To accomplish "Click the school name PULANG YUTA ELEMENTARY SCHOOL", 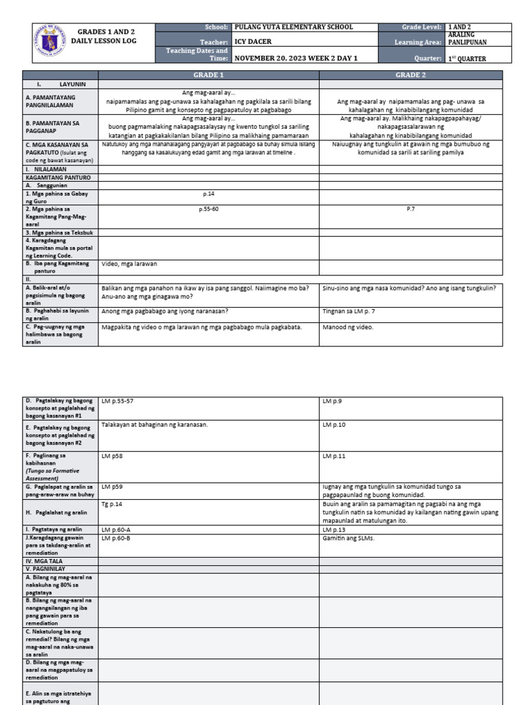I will pos(294,27).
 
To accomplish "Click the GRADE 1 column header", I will pos(210,74).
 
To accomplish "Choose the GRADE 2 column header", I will pos(411,74).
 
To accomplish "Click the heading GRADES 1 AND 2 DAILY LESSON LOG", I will pos(106,36).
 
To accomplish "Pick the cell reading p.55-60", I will pos(209,208).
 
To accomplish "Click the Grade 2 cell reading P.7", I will pos(411,208).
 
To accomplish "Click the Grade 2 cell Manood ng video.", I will pos(348,327).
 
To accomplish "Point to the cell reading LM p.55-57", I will pos(118,400).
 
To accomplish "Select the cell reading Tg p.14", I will pos(111,505).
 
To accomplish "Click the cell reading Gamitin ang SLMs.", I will pos(349,538).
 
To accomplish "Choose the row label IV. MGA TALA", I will pos(44,561).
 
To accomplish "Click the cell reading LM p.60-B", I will pos(116,538).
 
